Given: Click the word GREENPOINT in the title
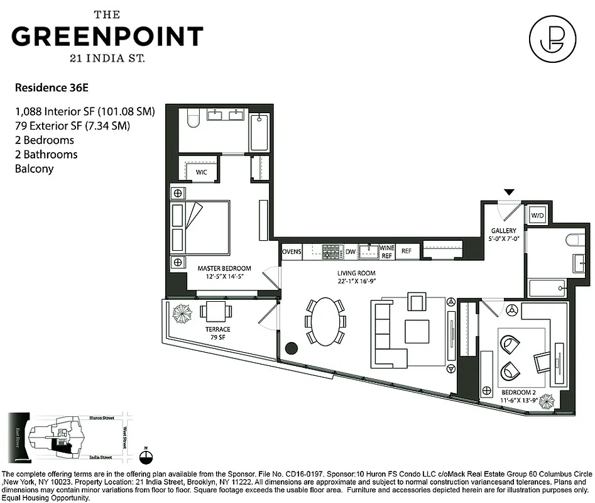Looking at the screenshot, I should pos(107,36).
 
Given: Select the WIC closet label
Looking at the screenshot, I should pos(202,172).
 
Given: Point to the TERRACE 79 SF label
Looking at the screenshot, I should pos(217,333).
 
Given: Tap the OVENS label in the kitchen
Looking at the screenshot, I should pos(292,251).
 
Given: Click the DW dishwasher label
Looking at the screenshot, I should pos(351,251).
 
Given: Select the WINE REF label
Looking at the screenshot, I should pos(387,251).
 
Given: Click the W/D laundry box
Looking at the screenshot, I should pos(537,216).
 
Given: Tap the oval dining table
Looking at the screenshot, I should pos(324,321).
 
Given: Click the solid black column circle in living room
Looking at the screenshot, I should pos(291,348).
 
